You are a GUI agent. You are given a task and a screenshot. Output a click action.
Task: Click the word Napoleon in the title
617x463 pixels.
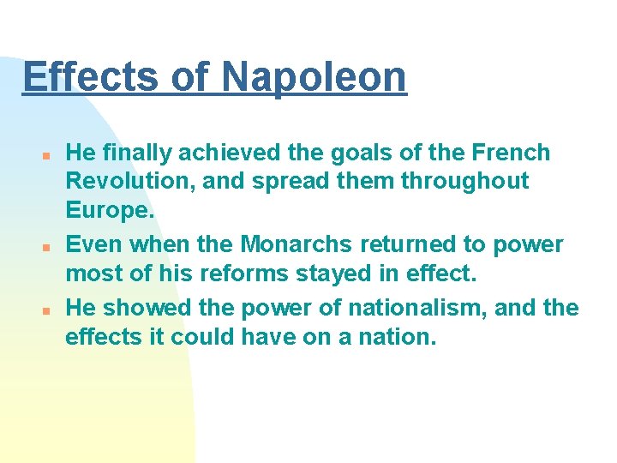(314, 76)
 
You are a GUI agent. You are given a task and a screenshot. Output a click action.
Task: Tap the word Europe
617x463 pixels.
(109, 211)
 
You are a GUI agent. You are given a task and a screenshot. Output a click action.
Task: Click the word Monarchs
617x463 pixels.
(297, 244)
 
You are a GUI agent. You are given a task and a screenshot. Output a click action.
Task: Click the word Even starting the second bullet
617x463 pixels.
(94, 244)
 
